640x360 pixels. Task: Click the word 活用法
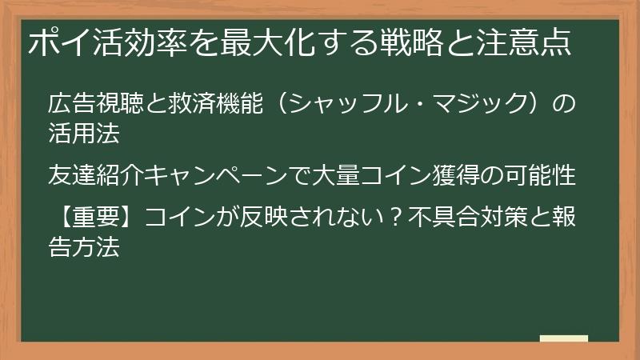point(84,133)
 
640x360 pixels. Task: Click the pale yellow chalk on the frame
point(563,338)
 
